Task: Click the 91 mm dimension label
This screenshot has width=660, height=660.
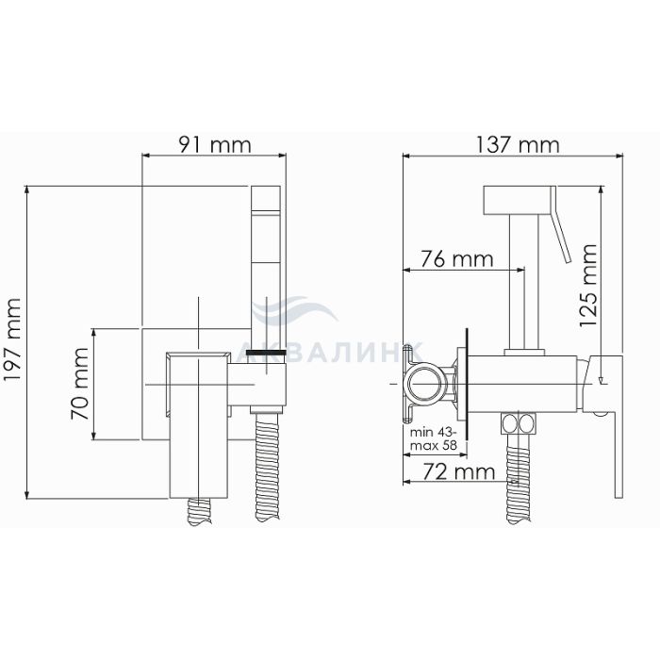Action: pyautogui.click(x=215, y=145)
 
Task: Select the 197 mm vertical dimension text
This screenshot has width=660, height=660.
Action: pyautogui.click(x=11, y=340)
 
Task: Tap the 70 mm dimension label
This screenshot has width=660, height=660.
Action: pyautogui.click(x=79, y=384)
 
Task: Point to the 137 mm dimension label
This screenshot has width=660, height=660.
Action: pyautogui.click(x=518, y=145)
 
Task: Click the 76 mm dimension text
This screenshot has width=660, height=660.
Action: pyautogui.click(x=456, y=258)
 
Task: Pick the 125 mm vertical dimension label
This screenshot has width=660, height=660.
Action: pyautogui.click(x=588, y=285)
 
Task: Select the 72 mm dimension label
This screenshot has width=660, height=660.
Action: pyautogui.click(x=458, y=471)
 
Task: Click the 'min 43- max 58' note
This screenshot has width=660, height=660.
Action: pyautogui.click(x=433, y=438)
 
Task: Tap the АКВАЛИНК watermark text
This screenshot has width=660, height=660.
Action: pyautogui.click(x=328, y=353)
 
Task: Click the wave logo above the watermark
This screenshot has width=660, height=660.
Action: pyautogui.click(x=294, y=310)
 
